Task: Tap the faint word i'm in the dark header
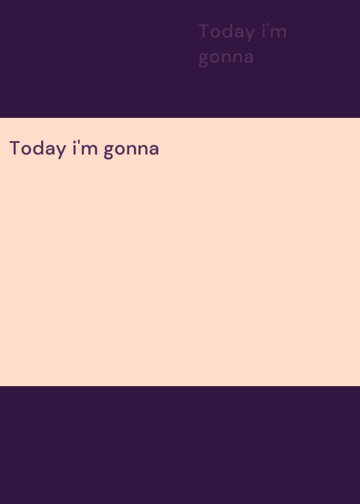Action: (x=274, y=31)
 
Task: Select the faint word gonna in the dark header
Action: (x=226, y=58)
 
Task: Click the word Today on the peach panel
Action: (x=38, y=149)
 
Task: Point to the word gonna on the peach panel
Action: (x=132, y=150)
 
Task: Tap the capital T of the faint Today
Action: (x=205, y=31)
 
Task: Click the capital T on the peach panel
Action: (x=15, y=148)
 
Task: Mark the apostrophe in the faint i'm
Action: (x=268, y=26)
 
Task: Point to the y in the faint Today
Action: (x=250, y=35)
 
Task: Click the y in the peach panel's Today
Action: (x=61, y=151)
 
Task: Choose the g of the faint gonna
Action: (x=204, y=59)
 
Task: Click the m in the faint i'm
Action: (x=279, y=33)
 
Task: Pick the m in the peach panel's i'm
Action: (x=90, y=150)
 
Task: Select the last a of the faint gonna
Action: (x=248, y=58)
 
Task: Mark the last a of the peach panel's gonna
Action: (x=153, y=150)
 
